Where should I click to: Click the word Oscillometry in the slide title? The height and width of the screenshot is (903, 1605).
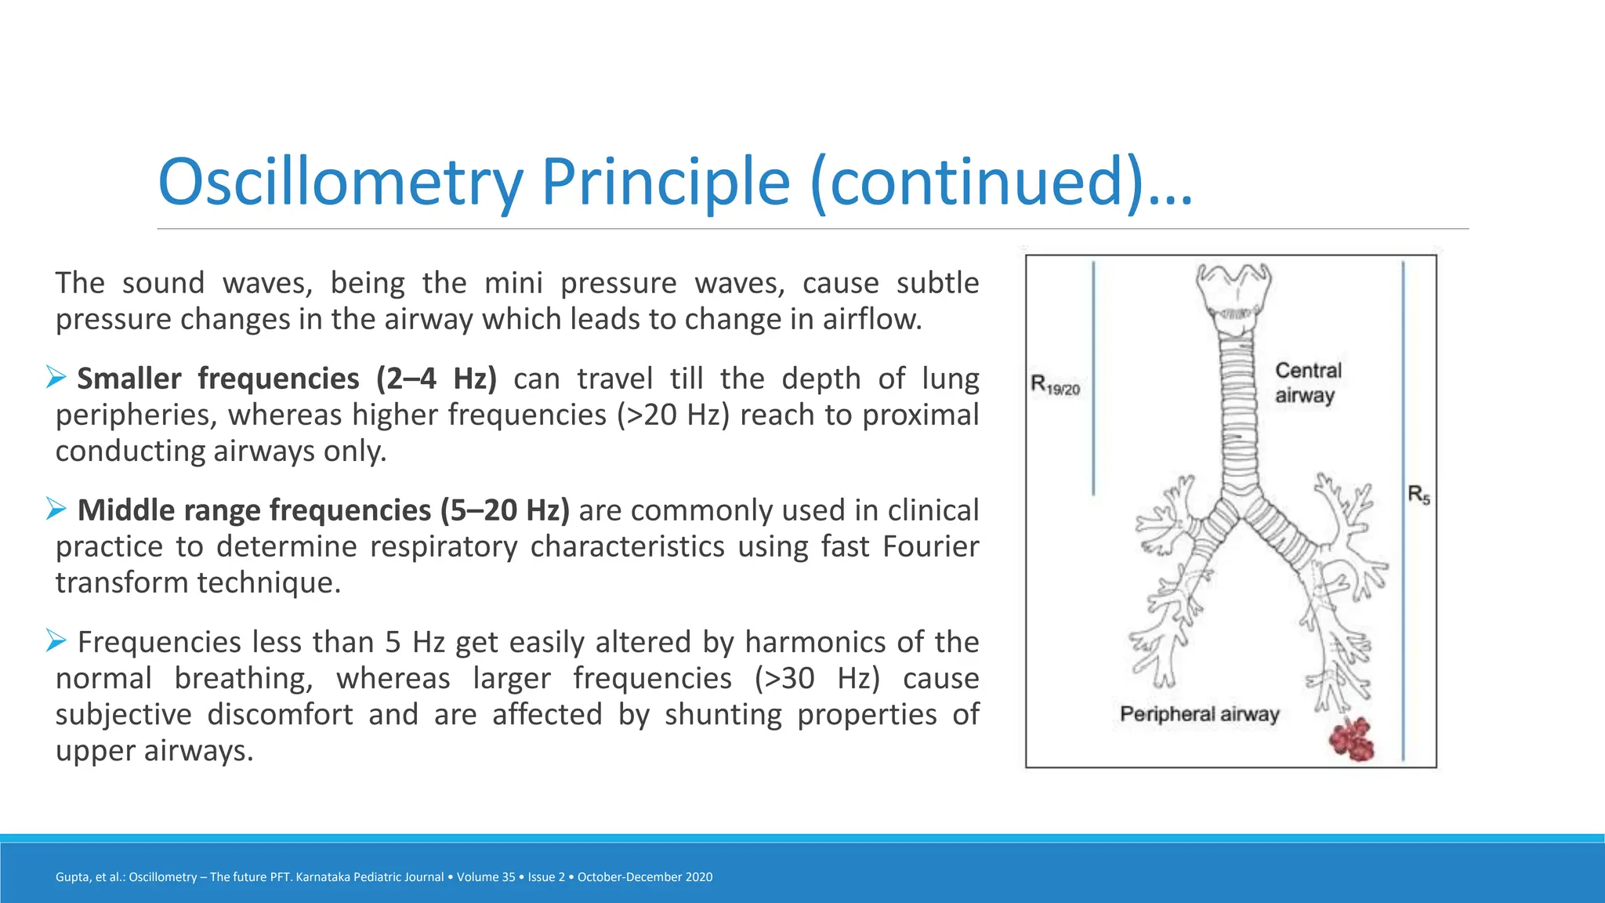340,182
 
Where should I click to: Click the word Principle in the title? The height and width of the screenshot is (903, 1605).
665,182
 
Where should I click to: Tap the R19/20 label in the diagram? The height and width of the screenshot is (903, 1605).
1055,386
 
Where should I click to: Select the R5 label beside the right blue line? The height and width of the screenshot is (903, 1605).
1418,495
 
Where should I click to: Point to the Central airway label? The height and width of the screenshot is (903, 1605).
1307,383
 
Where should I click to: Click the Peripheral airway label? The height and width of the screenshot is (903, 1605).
1199,714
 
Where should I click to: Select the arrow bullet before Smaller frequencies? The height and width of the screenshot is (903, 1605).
56,377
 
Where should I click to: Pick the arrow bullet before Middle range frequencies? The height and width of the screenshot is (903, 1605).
56,509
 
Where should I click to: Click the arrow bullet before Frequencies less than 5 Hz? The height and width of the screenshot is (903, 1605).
56,640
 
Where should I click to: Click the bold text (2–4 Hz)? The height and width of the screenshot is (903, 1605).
436,379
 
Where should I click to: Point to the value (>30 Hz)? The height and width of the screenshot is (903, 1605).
817,679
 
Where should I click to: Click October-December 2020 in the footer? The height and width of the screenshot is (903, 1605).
645,877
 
